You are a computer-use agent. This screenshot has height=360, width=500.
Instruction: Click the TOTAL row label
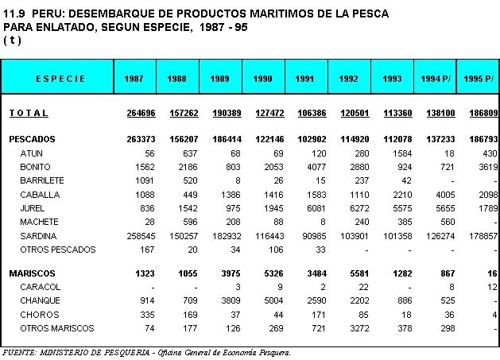click(29, 114)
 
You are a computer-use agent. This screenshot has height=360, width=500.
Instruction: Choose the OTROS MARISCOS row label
click(57, 327)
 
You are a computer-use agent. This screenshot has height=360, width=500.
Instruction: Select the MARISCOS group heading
click(31, 273)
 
